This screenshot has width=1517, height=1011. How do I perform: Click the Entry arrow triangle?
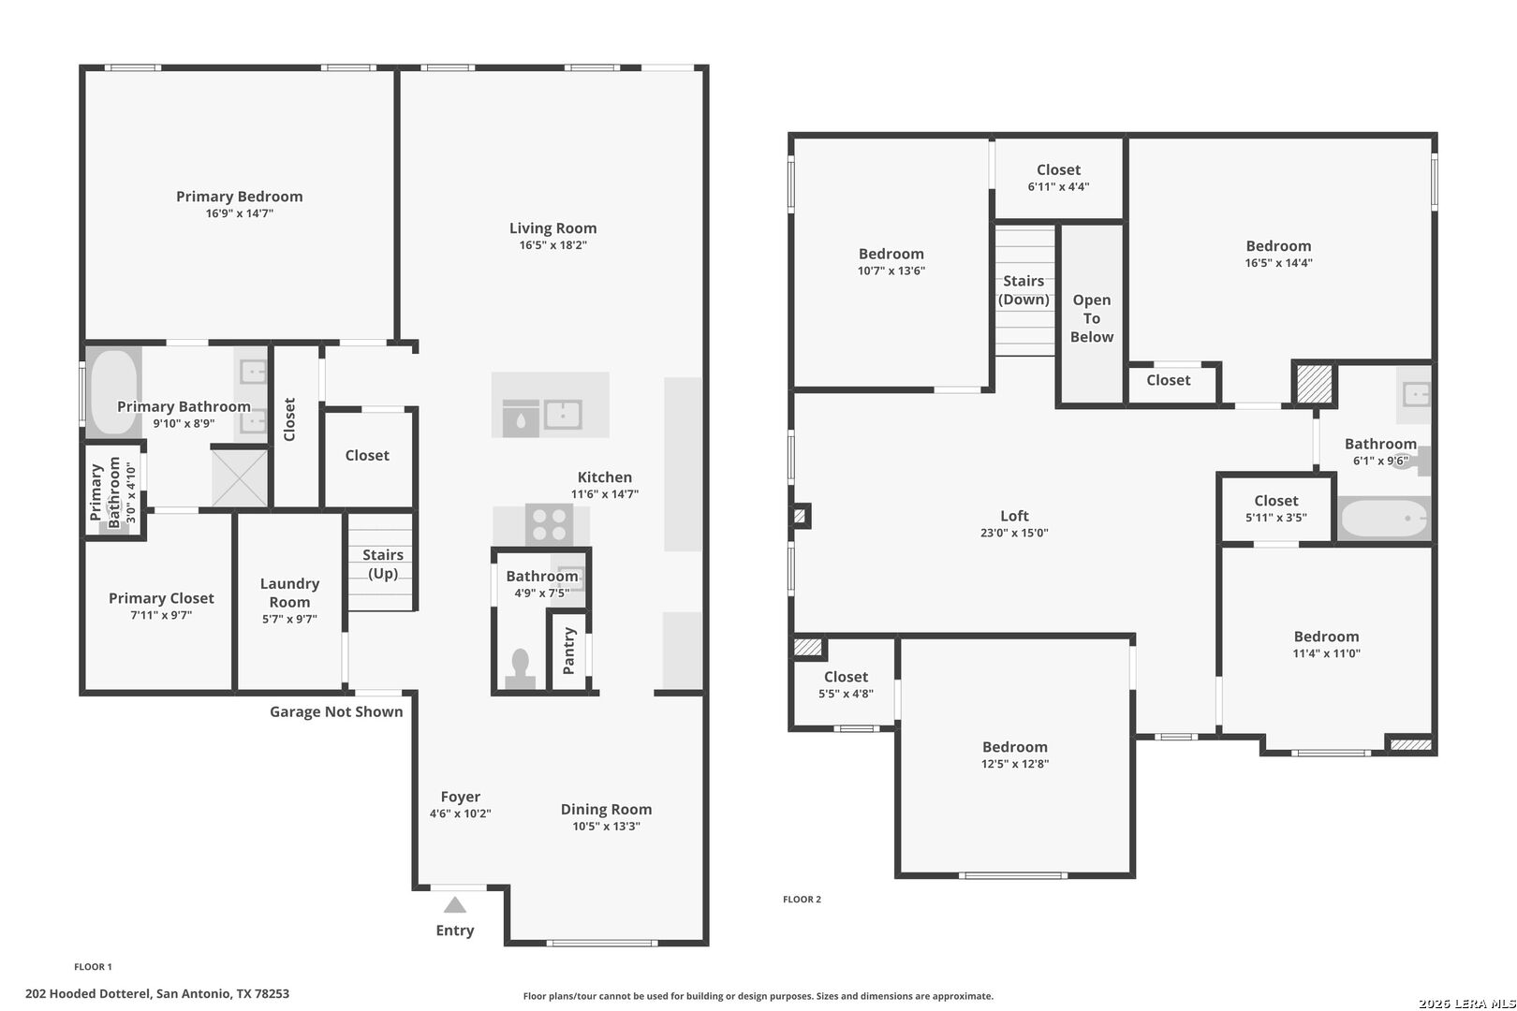pos(454,904)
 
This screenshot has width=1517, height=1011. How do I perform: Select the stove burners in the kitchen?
pos(550,525)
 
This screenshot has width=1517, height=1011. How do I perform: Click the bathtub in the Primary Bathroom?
pos(114,391)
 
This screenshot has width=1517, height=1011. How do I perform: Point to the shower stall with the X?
pos(240,477)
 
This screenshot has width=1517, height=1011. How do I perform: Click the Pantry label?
pos(569,651)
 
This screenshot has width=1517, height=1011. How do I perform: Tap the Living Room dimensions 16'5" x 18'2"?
pos(552,245)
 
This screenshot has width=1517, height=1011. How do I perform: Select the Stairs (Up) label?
pos(383,564)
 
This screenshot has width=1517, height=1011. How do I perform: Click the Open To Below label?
pos(1092,318)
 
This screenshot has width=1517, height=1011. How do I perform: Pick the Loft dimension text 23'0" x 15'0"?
pos(1014,533)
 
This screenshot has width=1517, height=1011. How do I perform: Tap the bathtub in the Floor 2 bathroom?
pos(1384,518)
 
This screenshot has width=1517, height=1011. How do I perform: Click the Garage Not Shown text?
pos(336,711)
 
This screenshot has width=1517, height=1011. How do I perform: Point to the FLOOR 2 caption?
pos(802,900)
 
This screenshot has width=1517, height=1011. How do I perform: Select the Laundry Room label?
pos(290,593)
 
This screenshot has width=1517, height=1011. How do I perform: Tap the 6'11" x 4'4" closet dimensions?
pos(1058,187)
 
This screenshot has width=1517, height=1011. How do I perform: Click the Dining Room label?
pos(606,809)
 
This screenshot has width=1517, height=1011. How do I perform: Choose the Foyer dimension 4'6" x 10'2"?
pos(460,813)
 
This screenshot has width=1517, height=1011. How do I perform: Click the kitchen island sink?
pos(564,415)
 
